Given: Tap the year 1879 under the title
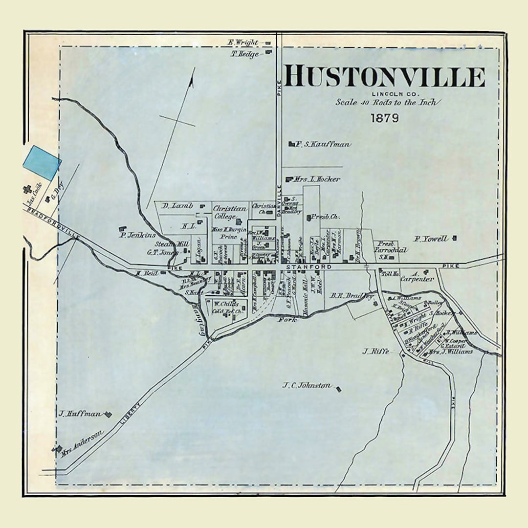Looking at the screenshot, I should coord(384,118).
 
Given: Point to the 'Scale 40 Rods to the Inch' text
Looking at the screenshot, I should coord(388,102).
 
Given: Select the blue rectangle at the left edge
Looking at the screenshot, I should coord(42,163).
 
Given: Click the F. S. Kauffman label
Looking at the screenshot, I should coord(323,144).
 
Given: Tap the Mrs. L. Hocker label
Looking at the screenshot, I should coord(317,179).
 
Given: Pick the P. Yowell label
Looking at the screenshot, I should coord(431,239).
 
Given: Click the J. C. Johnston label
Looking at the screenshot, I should coord(307,385).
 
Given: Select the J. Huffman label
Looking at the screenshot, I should coord(80,414).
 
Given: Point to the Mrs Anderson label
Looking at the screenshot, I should coord(82,443).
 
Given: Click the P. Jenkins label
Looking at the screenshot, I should coord(138,235).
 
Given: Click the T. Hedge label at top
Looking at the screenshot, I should coord(245,54).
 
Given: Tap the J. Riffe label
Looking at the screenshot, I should coord(375,351).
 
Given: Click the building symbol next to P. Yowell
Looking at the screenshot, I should coord(455,238).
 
